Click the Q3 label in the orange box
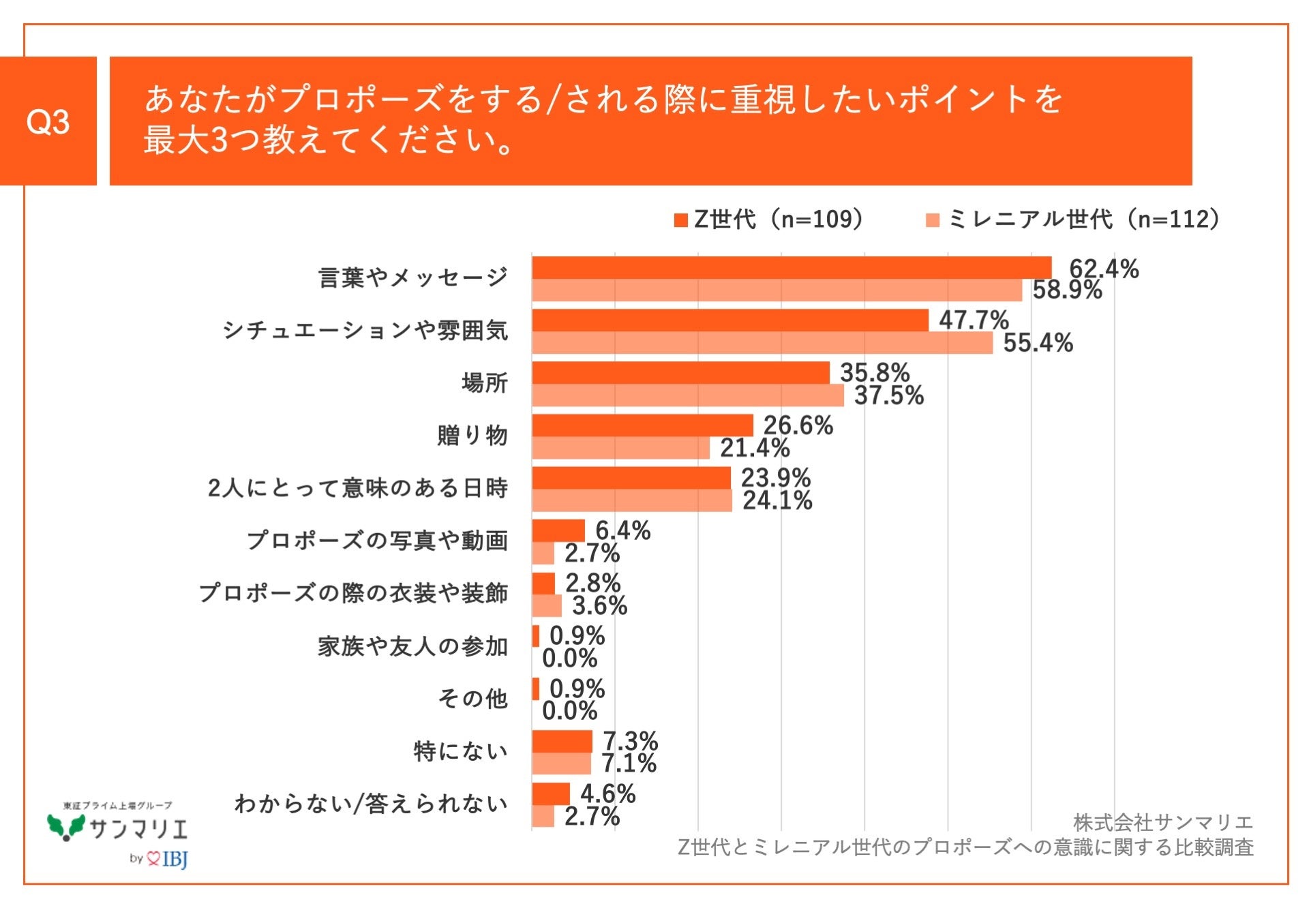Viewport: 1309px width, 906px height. pyautogui.click(x=48, y=121)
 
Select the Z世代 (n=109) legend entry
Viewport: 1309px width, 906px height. pyautogui.click(x=769, y=220)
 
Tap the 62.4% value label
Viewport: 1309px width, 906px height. pyautogui.click(x=1103, y=269)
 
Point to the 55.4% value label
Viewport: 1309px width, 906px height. pyautogui.click(x=1038, y=342)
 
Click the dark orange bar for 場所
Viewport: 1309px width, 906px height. pyautogui.click(x=680, y=373)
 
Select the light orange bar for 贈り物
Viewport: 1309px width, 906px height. pyautogui.click(x=620, y=448)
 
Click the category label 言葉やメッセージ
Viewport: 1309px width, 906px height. pyautogui.click(x=413, y=277)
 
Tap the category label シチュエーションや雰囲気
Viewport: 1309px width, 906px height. pyautogui.click(x=365, y=330)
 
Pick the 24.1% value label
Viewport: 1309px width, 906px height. pyautogui.click(x=777, y=500)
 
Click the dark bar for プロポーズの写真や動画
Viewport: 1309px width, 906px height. pyautogui.click(x=558, y=530)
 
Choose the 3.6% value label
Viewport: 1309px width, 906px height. pyautogui.click(x=599, y=605)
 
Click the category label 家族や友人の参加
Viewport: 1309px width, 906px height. pyautogui.click(x=413, y=646)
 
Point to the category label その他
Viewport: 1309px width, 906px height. pyautogui.click(x=472, y=698)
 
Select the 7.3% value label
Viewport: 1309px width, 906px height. pyautogui.click(x=630, y=741)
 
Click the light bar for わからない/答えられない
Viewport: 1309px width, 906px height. pyautogui.click(x=543, y=816)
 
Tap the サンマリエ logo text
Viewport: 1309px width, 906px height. pyautogui.click(x=138, y=828)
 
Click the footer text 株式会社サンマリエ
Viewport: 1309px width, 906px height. pyautogui.click(x=1162, y=822)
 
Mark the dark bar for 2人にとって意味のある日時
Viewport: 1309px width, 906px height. pyautogui.click(x=631, y=478)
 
